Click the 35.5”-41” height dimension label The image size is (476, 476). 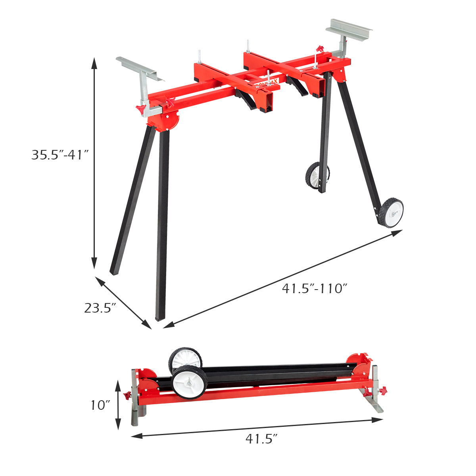[59, 155]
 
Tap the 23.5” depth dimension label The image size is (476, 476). [100, 308]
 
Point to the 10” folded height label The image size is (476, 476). [100, 405]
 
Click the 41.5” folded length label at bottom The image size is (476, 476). [261, 439]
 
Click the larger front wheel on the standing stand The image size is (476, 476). [391, 213]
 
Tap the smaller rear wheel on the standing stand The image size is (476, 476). [317, 175]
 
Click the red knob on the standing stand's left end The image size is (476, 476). [140, 109]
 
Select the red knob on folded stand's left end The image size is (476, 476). [127, 395]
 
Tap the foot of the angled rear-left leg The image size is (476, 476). [114, 272]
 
